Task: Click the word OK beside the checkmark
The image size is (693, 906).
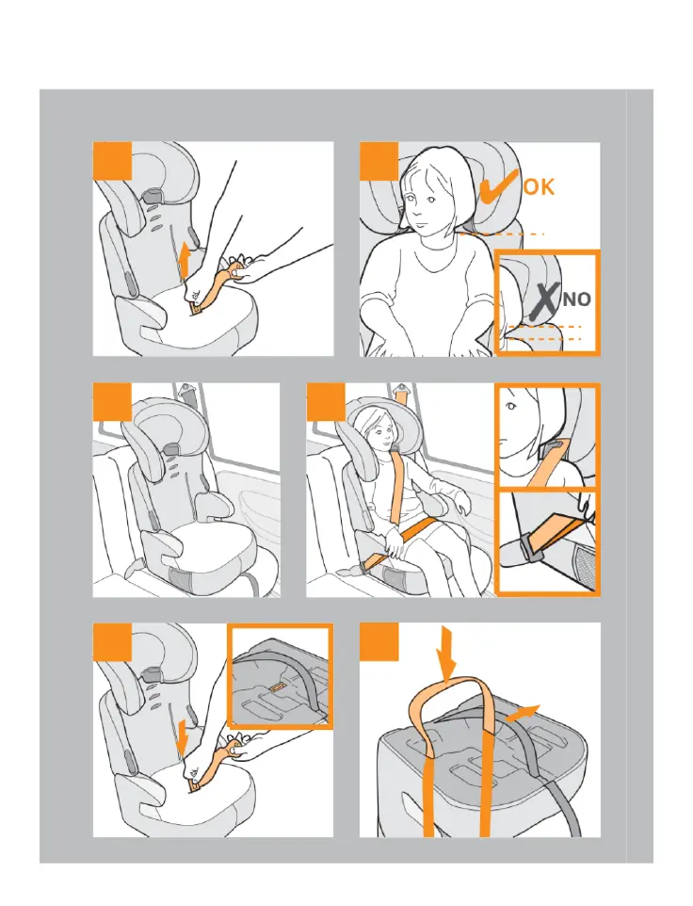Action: [539, 186]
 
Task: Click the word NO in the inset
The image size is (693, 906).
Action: [577, 299]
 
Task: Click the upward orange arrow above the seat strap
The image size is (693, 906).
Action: [184, 261]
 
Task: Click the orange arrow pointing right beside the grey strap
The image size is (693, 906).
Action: [523, 712]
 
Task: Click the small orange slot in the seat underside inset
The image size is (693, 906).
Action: [277, 686]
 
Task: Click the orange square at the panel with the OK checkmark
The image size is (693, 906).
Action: [379, 161]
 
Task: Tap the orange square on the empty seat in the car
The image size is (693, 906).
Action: [112, 401]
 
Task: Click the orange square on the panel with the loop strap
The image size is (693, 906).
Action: [379, 641]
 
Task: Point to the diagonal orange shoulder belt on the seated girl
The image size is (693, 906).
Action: [396, 485]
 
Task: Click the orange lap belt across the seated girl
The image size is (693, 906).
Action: [416, 531]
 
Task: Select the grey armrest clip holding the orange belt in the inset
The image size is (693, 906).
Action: [530, 547]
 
